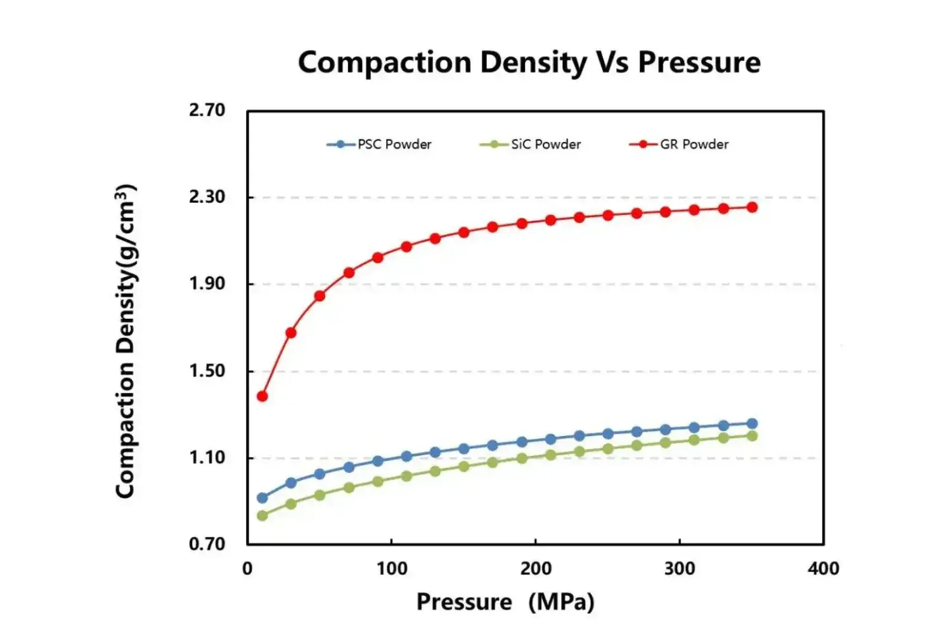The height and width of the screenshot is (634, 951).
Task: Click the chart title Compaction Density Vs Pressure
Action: [x=529, y=63]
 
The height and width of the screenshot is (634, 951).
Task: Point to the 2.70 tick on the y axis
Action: [x=207, y=110]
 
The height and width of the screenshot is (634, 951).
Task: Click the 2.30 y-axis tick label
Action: [x=207, y=197]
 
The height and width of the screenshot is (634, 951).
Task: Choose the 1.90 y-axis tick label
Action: [x=207, y=283]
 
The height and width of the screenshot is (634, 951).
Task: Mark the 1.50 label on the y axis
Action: [x=207, y=370]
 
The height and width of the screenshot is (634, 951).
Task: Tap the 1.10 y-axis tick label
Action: [x=207, y=457]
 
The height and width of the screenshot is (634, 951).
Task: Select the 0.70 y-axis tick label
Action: [x=207, y=544]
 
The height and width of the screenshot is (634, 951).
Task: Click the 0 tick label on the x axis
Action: [x=247, y=569]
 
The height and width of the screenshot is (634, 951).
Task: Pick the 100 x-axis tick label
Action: [x=392, y=569]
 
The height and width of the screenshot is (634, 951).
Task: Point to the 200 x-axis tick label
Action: [x=536, y=569]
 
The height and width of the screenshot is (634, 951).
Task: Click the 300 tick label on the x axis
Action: [x=680, y=569]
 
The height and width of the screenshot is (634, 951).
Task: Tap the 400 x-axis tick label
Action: [x=824, y=569]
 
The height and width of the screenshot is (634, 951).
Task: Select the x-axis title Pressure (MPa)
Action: [x=505, y=602]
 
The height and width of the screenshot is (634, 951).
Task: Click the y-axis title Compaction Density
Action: [x=126, y=341]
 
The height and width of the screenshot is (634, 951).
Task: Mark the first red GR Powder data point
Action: [x=262, y=396]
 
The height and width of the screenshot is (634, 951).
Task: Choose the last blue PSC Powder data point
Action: [x=752, y=424]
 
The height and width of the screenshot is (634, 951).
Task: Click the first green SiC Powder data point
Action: [x=262, y=515]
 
